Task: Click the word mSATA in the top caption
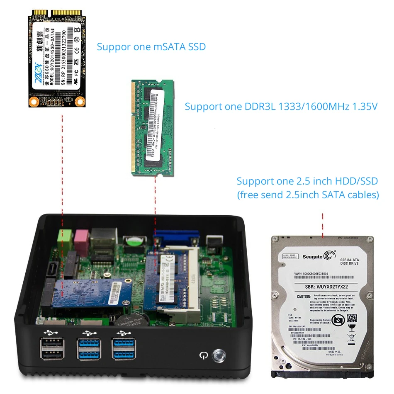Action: (165, 46)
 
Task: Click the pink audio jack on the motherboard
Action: (80, 238)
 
